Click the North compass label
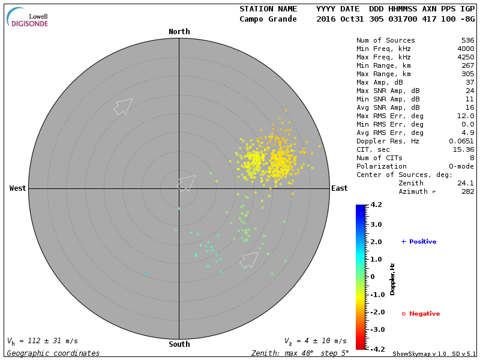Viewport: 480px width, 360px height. tap(179, 32)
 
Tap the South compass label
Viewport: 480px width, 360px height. tap(179, 344)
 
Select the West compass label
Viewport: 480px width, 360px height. tap(18, 188)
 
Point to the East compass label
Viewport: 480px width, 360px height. tap(340, 188)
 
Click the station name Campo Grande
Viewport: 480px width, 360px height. tap(268, 19)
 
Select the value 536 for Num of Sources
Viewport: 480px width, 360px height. tap(467, 40)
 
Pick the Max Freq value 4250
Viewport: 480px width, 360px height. tap(466, 57)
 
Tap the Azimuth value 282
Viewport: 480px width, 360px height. tap(467, 191)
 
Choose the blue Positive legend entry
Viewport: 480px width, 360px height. tap(419, 242)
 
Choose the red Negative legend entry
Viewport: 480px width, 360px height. tap(421, 314)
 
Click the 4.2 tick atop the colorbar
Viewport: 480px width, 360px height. tap(376, 205)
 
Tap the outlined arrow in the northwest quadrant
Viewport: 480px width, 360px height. tap(123, 106)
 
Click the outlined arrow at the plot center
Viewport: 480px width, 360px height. tap(187, 182)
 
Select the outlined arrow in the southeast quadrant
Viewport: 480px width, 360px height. tap(249, 260)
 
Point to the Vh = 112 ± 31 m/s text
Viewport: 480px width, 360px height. tap(42, 341)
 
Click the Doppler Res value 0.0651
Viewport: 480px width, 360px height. tap(461, 141)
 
